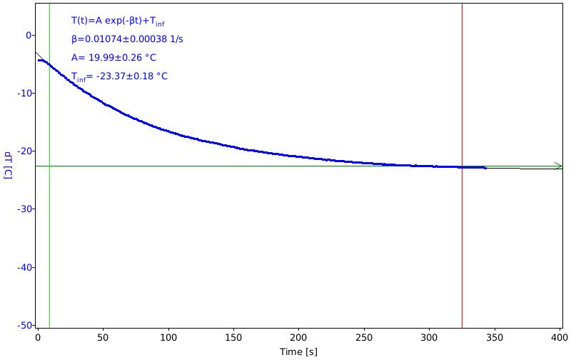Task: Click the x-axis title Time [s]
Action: [298, 351]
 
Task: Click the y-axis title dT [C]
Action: [9, 165]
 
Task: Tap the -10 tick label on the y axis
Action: [25, 94]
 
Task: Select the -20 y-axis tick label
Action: [25, 151]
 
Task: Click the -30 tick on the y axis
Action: [25, 209]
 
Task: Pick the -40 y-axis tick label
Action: [25, 267]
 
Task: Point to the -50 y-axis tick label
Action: [25, 325]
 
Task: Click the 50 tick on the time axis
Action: [103, 338]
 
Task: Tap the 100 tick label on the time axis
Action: [168, 338]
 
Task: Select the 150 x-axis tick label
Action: [233, 338]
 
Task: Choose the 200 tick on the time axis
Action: [298, 338]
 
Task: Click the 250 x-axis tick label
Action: [364, 338]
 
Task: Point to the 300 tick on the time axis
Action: [429, 338]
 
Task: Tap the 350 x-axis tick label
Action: [495, 338]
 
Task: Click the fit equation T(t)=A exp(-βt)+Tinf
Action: [118, 21]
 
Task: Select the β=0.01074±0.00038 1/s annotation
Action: [127, 39]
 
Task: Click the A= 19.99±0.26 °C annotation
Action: [113, 58]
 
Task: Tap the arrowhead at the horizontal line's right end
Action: [559, 166]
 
